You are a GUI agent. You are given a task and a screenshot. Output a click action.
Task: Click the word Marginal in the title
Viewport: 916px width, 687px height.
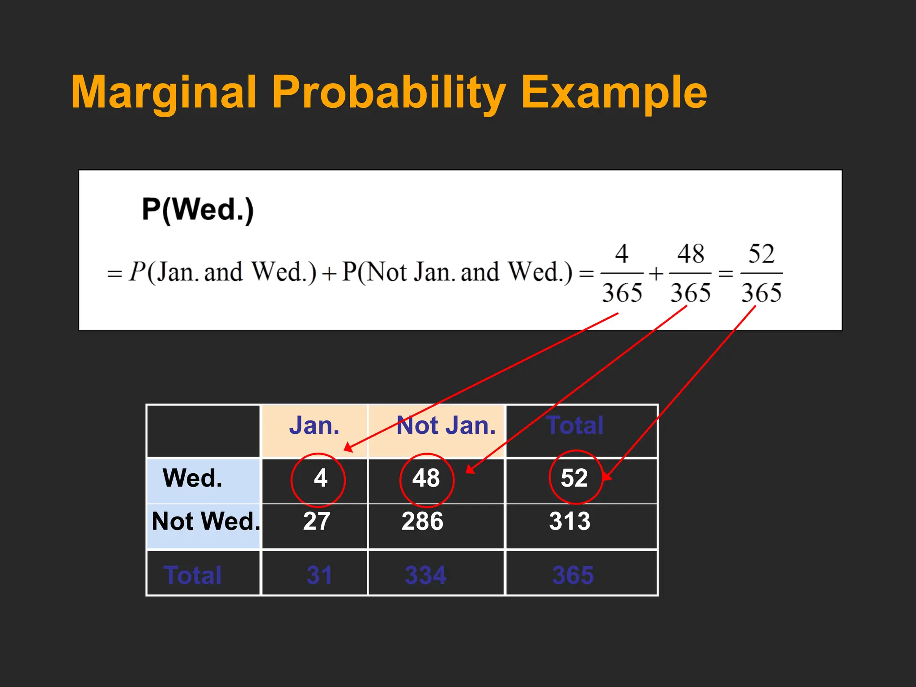click(x=164, y=93)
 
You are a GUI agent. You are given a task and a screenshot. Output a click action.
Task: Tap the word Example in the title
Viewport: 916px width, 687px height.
click(x=614, y=93)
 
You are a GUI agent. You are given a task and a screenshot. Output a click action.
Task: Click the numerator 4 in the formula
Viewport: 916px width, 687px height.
click(x=622, y=254)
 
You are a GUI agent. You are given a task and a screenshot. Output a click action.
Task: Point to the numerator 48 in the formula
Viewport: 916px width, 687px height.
click(x=691, y=254)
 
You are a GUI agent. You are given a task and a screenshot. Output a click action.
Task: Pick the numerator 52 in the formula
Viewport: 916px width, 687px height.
click(x=761, y=254)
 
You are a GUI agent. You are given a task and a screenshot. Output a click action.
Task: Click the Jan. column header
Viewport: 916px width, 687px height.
click(x=314, y=425)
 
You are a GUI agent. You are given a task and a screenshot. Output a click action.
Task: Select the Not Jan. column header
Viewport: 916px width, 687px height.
click(x=446, y=425)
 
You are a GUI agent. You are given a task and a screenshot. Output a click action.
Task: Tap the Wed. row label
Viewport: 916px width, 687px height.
click(x=192, y=478)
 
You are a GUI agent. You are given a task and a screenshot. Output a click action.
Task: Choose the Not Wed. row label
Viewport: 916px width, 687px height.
click(x=205, y=522)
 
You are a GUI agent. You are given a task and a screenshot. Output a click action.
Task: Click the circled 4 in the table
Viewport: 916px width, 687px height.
click(x=320, y=478)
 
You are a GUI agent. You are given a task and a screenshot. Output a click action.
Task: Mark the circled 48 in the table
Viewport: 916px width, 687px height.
click(x=426, y=478)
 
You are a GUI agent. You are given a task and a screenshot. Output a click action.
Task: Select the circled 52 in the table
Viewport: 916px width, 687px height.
click(x=574, y=478)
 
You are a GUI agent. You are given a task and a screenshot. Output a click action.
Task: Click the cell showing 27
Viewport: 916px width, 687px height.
click(x=316, y=522)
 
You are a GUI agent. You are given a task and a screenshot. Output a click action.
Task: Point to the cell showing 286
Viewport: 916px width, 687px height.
click(x=422, y=522)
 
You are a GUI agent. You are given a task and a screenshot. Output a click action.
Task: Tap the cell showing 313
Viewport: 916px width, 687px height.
click(x=569, y=522)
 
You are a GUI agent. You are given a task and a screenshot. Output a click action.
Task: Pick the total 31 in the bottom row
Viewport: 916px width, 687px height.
click(x=319, y=575)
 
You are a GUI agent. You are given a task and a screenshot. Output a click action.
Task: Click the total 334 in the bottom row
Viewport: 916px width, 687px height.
click(x=425, y=575)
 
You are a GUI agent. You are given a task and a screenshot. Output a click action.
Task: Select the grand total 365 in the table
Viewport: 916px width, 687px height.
click(x=572, y=575)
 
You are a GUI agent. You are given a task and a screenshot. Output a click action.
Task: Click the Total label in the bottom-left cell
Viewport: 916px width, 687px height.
click(x=192, y=575)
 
